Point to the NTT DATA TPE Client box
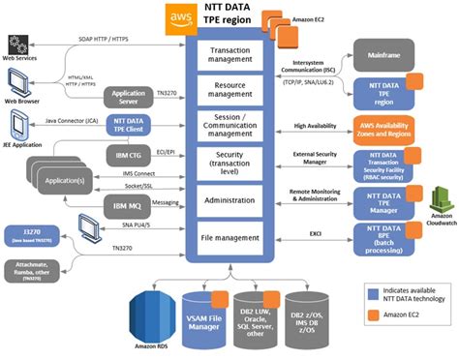pyautogui.click(x=128, y=126)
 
